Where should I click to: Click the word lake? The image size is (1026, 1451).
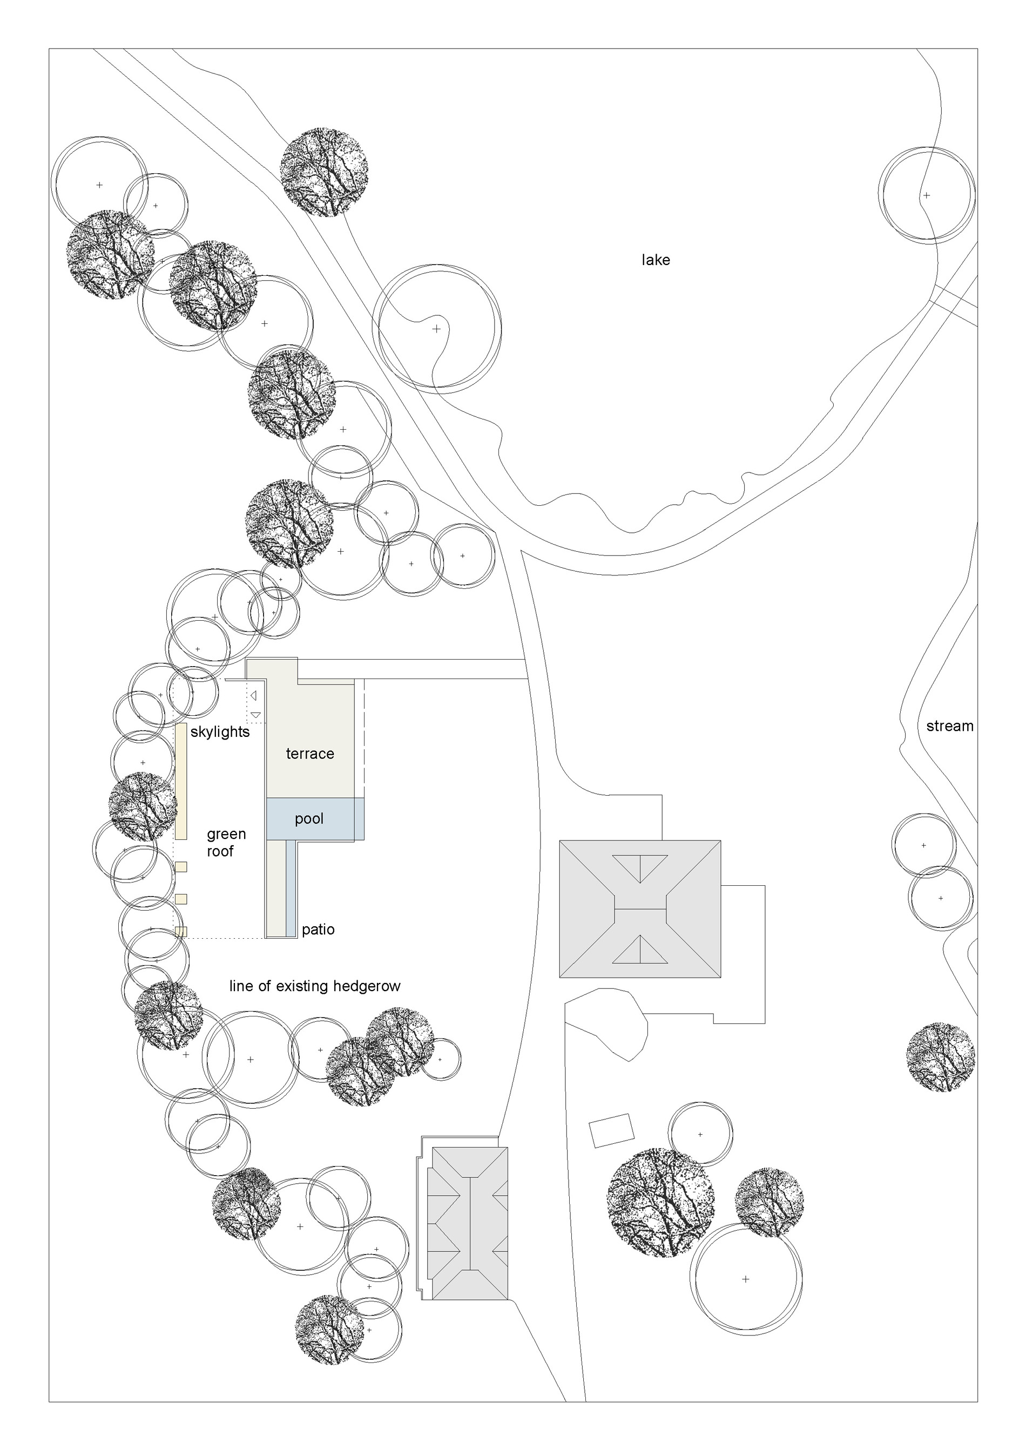click(656, 260)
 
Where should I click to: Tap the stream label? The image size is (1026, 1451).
click(949, 726)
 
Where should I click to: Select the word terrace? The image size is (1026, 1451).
click(310, 754)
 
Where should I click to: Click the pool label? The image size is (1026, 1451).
click(309, 818)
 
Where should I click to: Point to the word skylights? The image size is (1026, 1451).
click(220, 732)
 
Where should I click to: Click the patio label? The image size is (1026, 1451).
click(318, 930)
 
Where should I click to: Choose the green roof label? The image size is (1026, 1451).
click(226, 843)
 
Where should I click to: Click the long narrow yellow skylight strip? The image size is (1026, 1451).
click(181, 781)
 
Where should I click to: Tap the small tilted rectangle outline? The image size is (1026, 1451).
click(611, 1130)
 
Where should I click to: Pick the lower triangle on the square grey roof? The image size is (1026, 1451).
click(640, 949)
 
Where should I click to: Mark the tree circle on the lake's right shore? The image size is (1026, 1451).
click(927, 195)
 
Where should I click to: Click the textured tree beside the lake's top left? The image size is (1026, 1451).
click(325, 172)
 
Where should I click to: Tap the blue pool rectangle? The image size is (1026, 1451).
click(315, 819)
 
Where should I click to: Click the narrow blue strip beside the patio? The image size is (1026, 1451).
click(291, 888)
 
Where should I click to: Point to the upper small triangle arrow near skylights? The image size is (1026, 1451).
click(253, 696)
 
